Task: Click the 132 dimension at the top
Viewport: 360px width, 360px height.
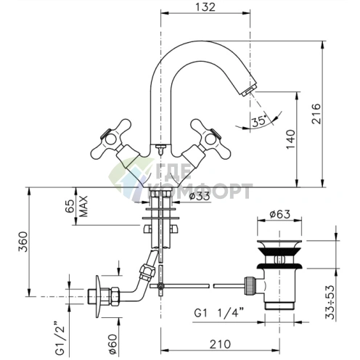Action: (x=205, y=7)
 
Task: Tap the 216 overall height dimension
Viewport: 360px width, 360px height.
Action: (x=316, y=114)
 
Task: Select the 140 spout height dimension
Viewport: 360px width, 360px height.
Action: (x=291, y=139)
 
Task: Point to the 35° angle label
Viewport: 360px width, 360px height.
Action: (x=259, y=120)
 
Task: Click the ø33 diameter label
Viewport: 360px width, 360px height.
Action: (x=200, y=196)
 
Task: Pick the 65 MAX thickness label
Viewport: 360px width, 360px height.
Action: (x=76, y=206)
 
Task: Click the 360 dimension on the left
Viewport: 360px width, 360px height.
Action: (x=23, y=242)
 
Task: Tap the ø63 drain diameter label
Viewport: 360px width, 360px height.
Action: (x=279, y=214)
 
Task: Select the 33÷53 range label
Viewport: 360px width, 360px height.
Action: (x=330, y=302)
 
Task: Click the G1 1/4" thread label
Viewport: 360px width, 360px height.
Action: (x=218, y=314)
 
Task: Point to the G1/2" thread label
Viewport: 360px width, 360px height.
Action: (x=60, y=338)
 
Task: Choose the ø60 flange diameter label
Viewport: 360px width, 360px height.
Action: (x=113, y=344)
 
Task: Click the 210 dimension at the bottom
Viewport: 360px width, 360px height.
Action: (x=220, y=344)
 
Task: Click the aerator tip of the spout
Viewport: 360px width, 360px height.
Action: (x=248, y=92)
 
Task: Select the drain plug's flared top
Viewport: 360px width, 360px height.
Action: (x=279, y=244)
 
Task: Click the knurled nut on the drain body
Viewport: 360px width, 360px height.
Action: (x=248, y=285)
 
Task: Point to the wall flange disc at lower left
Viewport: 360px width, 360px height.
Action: (x=97, y=296)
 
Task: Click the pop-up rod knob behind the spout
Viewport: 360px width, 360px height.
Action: (x=160, y=147)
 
